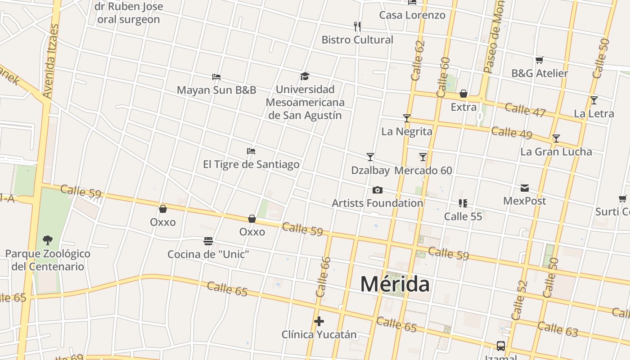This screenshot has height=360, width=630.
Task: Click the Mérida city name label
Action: (395, 284)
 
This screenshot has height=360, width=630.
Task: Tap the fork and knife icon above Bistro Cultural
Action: (357, 26)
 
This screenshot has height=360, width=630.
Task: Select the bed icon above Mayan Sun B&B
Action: (216, 77)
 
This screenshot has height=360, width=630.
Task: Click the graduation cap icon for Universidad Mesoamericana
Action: (305, 76)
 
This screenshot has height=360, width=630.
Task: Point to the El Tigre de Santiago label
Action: (251, 164)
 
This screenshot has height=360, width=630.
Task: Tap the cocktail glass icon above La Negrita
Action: (407, 118)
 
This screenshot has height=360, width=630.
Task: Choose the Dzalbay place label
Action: (370, 171)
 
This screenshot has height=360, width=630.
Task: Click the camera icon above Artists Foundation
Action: (378, 190)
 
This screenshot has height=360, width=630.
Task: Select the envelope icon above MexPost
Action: (525, 188)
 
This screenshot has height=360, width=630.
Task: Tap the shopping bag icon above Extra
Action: (463, 94)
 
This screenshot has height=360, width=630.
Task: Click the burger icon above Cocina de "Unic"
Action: (208, 241)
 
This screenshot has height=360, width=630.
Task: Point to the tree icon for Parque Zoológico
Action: (47, 240)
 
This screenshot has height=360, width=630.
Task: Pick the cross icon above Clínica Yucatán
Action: (319, 321)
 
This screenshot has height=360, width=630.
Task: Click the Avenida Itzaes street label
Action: (51, 61)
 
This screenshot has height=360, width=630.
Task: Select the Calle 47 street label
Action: (525, 110)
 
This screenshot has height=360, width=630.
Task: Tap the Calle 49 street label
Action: (512, 133)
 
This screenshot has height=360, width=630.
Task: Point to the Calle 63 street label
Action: (558, 329)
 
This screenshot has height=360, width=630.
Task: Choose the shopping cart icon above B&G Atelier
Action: (540, 60)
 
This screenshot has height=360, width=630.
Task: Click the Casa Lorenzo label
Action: (412, 15)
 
